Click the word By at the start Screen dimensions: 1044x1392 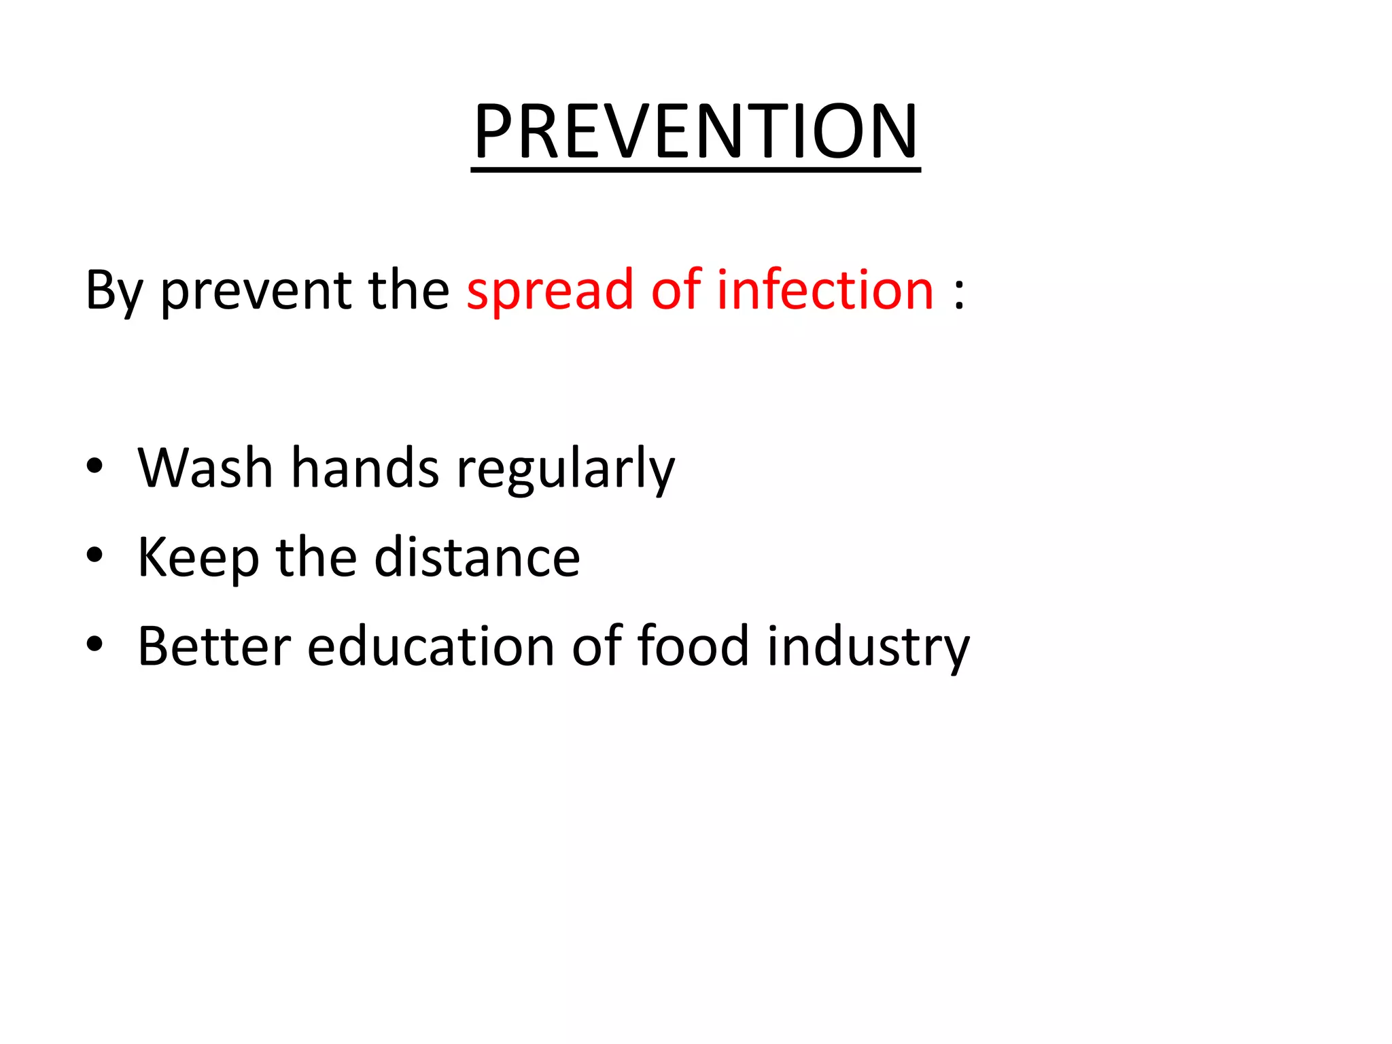pos(114,291)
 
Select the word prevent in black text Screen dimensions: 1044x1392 pos(256,291)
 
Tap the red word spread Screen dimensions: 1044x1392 pos(550,291)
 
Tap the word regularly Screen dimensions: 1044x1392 pos(565,469)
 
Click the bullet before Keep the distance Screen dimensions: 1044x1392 pos(94,555)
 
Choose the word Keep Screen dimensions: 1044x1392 pos(198,557)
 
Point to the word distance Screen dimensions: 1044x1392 pos(477,557)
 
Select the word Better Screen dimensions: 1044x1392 pos(214,646)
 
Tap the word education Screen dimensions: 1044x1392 pos(431,646)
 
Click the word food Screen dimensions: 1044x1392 pos(693,646)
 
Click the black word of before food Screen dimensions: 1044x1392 pos(597,646)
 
